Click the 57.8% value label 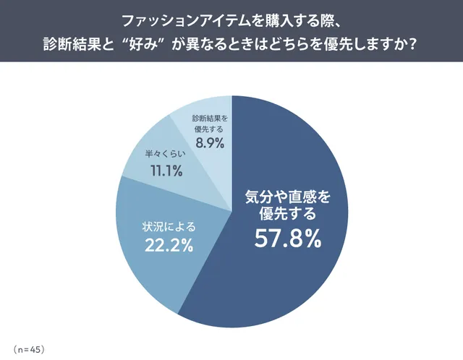(287, 239)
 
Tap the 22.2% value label (167, 245)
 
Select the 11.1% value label (166, 171)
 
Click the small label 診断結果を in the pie (210, 118)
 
